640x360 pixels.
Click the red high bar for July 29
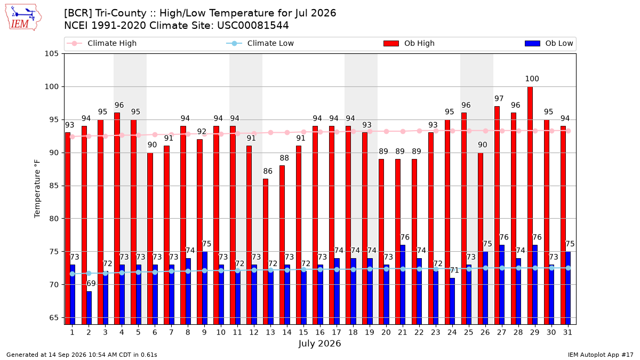(x=530, y=205)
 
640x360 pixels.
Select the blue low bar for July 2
(x=89, y=308)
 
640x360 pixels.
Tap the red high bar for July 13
(x=266, y=252)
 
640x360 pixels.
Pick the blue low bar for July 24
(x=452, y=301)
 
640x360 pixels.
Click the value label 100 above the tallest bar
(x=532, y=78)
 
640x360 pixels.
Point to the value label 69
(x=91, y=283)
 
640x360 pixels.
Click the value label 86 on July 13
(x=267, y=171)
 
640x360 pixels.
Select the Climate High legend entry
(x=102, y=43)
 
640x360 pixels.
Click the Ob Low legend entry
(x=549, y=43)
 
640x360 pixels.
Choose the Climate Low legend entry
(x=260, y=43)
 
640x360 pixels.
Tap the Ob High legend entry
(x=409, y=43)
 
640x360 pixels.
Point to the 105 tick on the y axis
(x=51, y=54)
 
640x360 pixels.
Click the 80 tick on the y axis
(x=54, y=219)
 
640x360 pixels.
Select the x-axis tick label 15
(x=303, y=332)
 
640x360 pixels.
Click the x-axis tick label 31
(x=567, y=332)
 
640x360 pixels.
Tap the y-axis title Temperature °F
(x=37, y=189)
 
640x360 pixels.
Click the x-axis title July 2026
(x=319, y=343)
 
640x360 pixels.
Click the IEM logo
(x=23, y=18)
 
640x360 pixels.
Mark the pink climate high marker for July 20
(x=386, y=131)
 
